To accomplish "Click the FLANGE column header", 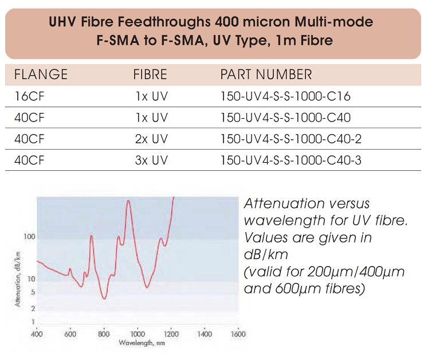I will point(41,74).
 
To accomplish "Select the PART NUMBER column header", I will point(266,74).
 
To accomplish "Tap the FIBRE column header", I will point(150,74).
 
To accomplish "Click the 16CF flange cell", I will point(29,96).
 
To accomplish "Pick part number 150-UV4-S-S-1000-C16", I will point(285,96).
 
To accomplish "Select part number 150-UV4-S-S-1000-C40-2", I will point(290,139).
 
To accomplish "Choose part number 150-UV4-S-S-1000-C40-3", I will point(290,160).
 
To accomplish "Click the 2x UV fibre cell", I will point(151,139).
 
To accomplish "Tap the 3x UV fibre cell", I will point(151,160).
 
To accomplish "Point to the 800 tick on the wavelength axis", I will point(104,334).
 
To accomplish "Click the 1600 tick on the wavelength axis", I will point(237,334).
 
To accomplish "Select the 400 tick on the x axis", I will point(37,334).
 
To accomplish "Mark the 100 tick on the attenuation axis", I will point(29,237).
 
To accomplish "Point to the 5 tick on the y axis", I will point(33,292).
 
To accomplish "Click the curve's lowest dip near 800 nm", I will point(104,299).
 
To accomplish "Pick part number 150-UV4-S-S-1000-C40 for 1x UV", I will point(285,118).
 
